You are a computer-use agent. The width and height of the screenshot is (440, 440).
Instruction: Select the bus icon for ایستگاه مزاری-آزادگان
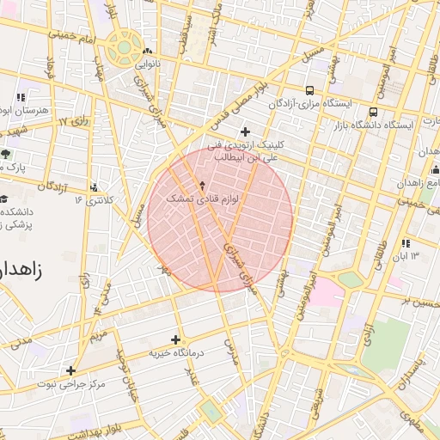click(309, 90)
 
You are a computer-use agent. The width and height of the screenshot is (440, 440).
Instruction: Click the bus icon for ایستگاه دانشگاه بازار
click(373, 113)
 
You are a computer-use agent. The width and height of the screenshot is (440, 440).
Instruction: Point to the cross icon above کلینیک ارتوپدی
click(246, 131)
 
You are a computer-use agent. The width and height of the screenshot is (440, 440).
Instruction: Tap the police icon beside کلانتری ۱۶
click(94, 187)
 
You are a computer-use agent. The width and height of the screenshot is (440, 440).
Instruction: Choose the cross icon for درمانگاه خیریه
click(176, 339)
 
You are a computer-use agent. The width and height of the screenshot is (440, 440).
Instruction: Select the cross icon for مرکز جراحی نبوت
click(70, 370)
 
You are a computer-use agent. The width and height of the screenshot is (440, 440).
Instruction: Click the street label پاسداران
click(421, 369)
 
